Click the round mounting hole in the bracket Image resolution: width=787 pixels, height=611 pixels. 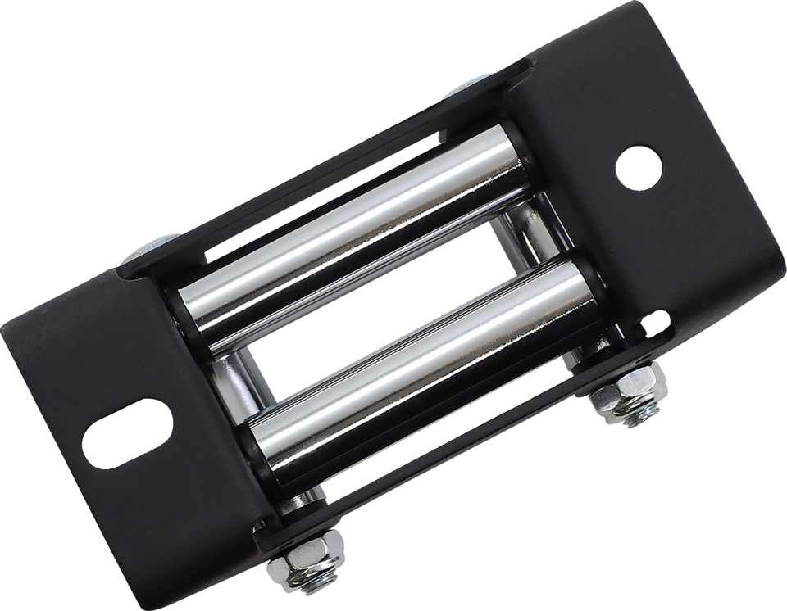(x=639, y=167)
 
